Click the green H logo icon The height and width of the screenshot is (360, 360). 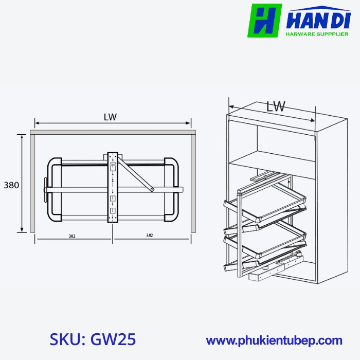pos(264,21)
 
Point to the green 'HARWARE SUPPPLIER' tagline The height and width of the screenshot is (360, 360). pos(317,34)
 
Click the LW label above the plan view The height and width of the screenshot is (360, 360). pos(110,117)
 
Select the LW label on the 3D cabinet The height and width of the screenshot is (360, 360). pos(276,106)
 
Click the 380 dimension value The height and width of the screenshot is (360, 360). pos(11,185)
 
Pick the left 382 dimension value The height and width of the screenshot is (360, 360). pos(71,236)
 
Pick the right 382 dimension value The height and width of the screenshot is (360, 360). pos(149,236)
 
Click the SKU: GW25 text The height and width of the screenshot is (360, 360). pos(93,340)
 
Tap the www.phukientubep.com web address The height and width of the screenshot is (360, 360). pos(274,340)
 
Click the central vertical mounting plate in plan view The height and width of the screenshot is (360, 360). pos(113,187)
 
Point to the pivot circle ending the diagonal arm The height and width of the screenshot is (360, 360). pos(152,190)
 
